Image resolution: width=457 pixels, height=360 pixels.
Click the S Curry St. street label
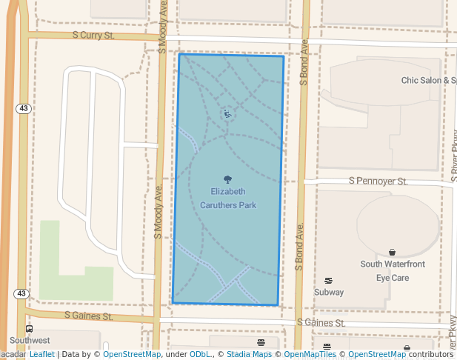93,35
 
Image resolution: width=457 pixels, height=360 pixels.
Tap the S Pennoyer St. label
378,181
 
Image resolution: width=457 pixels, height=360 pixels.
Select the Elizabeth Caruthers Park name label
227,198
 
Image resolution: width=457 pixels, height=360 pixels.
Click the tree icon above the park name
227,179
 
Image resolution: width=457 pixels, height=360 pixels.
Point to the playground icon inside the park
227,113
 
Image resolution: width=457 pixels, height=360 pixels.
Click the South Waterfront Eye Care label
393,270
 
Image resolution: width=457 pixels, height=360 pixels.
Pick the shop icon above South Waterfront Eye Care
392,253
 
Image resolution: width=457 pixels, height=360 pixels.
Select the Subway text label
329,292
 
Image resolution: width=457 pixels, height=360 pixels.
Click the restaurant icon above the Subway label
329,280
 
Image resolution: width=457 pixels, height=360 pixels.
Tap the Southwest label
30,341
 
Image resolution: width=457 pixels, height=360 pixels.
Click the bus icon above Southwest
29,329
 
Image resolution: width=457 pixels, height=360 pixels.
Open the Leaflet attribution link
41,354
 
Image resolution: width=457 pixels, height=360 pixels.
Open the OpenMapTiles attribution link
308,354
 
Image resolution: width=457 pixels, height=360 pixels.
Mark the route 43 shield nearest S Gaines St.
21,294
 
